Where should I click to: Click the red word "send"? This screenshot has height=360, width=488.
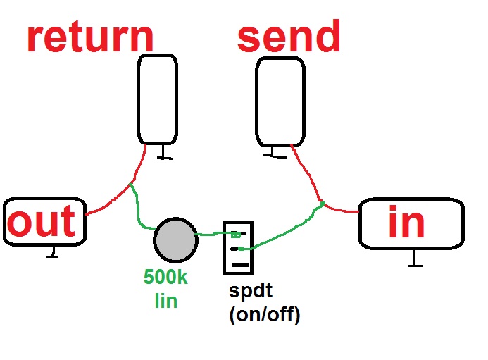tap(289, 37)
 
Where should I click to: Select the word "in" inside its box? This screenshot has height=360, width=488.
tap(406, 223)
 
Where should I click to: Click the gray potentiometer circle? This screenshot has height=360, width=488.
tap(175, 238)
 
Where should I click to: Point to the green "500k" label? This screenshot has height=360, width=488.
tap(165, 277)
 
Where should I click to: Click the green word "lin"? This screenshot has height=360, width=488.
tap(165, 301)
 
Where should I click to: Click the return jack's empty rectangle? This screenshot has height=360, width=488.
tap(157, 99)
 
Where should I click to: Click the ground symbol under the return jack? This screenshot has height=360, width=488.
tap(163, 153)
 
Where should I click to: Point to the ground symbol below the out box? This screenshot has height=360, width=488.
tap(51, 252)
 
